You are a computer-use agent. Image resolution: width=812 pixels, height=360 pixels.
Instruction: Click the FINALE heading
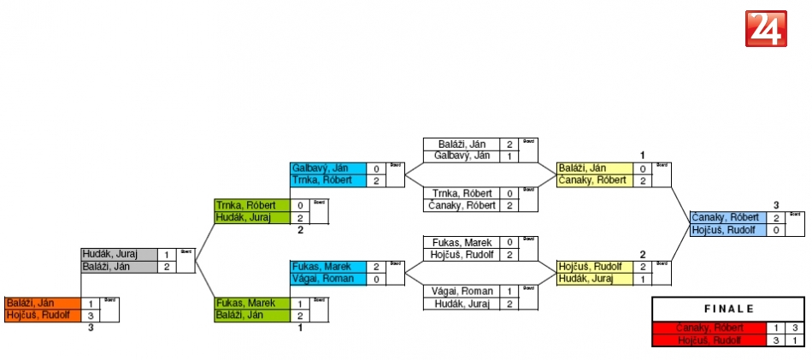[x=728, y=310]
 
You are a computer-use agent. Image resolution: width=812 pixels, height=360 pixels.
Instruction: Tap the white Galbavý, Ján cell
[x=462, y=156]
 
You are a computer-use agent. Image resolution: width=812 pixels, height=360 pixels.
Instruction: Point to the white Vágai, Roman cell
[x=462, y=291]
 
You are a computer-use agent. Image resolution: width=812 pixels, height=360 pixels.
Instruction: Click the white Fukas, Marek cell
[x=462, y=242]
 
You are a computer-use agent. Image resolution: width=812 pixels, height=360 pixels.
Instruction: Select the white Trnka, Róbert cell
[x=462, y=193]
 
